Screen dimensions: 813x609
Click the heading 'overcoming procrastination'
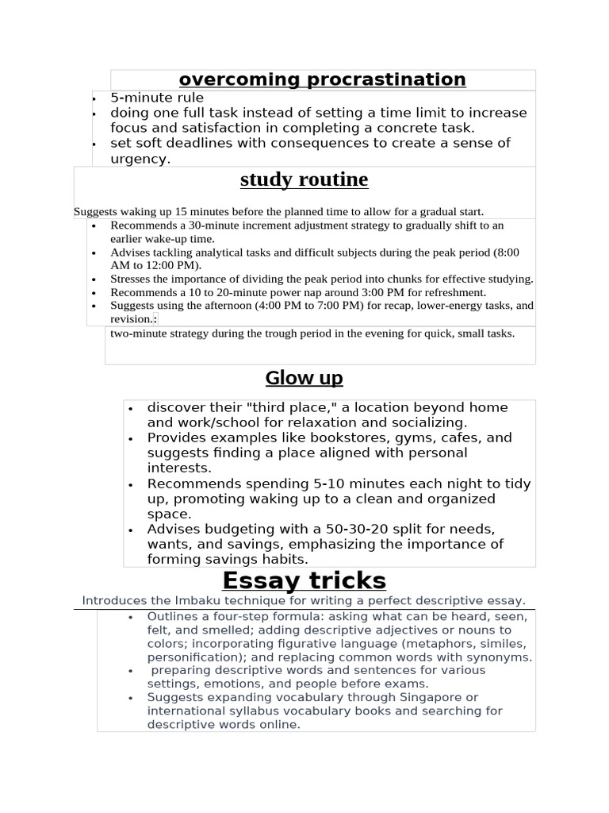point(322,79)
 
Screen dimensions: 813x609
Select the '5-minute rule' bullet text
point(157,98)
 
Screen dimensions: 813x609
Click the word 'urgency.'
point(140,159)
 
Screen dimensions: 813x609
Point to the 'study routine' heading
point(304,180)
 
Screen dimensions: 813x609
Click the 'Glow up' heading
point(304,378)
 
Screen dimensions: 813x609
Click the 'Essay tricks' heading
point(304,580)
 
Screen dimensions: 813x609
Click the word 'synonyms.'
point(500,657)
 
